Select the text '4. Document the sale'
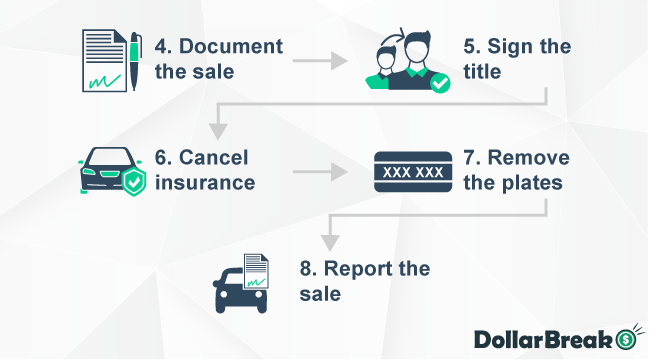coord(218,60)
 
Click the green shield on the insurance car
coord(133,182)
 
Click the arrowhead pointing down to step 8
coord(327,241)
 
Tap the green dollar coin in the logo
coord(626,339)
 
